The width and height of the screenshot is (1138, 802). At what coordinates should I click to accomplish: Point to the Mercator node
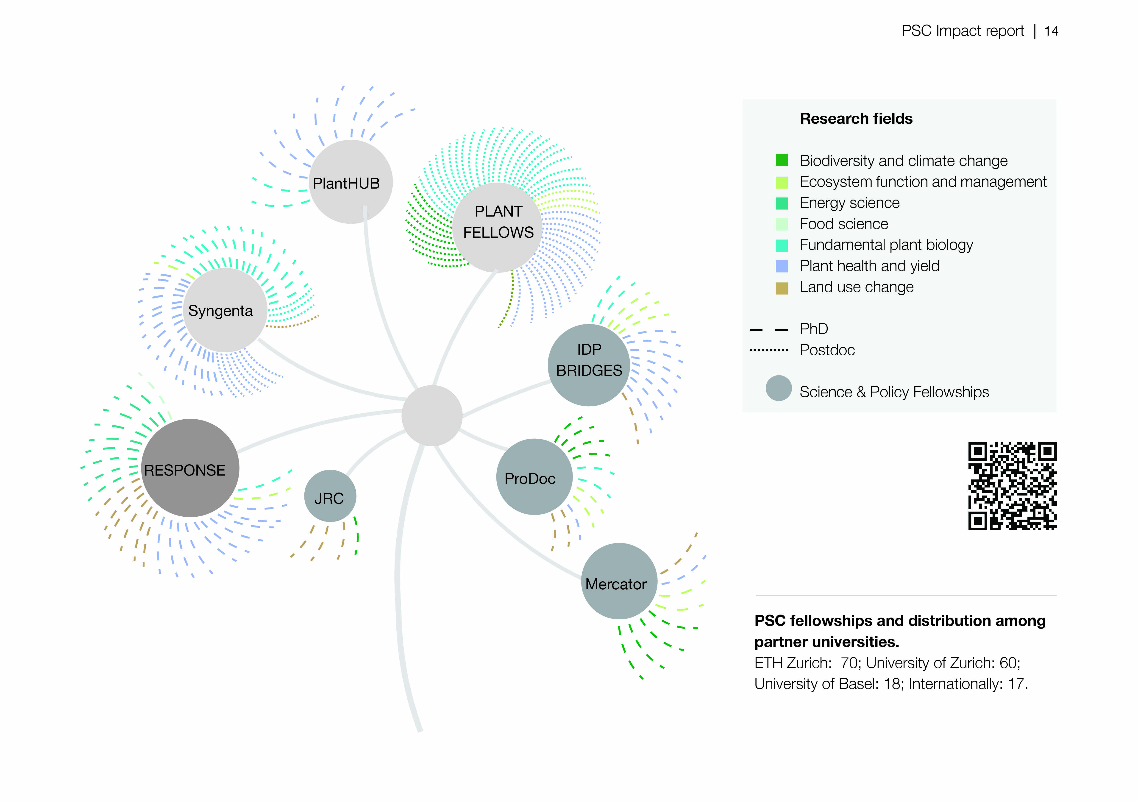click(619, 581)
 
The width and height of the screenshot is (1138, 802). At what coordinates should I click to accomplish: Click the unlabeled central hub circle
click(432, 415)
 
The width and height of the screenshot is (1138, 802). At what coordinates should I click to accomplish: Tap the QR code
click(1012, 486)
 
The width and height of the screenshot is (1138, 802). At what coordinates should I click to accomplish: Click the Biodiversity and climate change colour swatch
click(782, 160)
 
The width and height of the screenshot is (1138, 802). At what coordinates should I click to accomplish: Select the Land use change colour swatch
click(782, 288)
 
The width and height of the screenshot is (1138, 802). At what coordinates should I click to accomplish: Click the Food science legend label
click(844, 224)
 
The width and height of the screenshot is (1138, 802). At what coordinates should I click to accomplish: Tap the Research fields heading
click(856, 118)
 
